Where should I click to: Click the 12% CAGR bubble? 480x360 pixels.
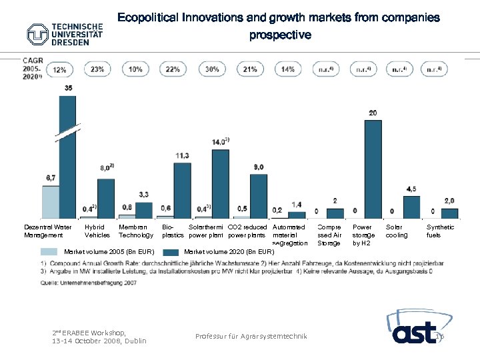point(59,69)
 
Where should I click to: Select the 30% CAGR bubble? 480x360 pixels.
point(212,69)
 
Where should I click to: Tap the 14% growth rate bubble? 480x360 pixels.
point(288,69)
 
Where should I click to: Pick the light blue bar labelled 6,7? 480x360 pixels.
point(50,201)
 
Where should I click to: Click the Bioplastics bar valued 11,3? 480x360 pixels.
point(182,190)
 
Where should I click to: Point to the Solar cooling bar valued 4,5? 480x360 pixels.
point(411,207)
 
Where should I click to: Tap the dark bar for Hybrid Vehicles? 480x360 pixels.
point(106,198)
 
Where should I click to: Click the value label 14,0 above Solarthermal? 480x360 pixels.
point(220,141)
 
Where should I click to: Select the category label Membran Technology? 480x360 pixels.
point(135,231)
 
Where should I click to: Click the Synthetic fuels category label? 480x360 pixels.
point(441,231)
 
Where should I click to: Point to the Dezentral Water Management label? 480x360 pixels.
point(47,231)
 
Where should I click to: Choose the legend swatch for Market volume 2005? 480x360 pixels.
point(49,252)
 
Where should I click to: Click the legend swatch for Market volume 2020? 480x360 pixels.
point(171,252)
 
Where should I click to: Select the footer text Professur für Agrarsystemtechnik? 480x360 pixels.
point(251,337)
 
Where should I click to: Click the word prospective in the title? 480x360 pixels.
point(279,35)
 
